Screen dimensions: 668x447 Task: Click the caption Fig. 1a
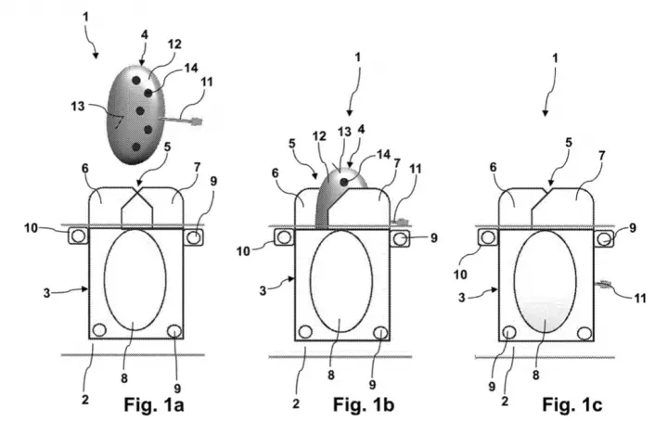154,404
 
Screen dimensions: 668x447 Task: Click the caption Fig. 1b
364,404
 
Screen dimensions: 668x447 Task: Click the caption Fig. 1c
572,404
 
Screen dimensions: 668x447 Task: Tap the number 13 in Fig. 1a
78,106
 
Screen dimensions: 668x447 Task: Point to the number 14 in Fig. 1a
191,68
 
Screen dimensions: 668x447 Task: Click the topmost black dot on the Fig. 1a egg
136,80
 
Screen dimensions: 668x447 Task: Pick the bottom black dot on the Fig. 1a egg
135,147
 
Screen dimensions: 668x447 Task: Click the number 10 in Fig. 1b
243,251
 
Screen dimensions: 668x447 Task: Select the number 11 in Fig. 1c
640,298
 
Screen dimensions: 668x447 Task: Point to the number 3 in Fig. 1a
47,293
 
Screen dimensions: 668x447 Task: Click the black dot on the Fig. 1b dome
344,182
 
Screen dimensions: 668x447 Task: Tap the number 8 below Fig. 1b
331,375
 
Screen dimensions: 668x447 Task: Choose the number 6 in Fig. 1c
494,167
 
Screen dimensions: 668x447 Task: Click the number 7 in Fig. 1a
197,167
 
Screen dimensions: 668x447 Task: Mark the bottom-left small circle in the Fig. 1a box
99,330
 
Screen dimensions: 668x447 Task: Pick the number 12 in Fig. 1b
319,135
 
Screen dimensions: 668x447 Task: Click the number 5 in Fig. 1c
569,142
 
